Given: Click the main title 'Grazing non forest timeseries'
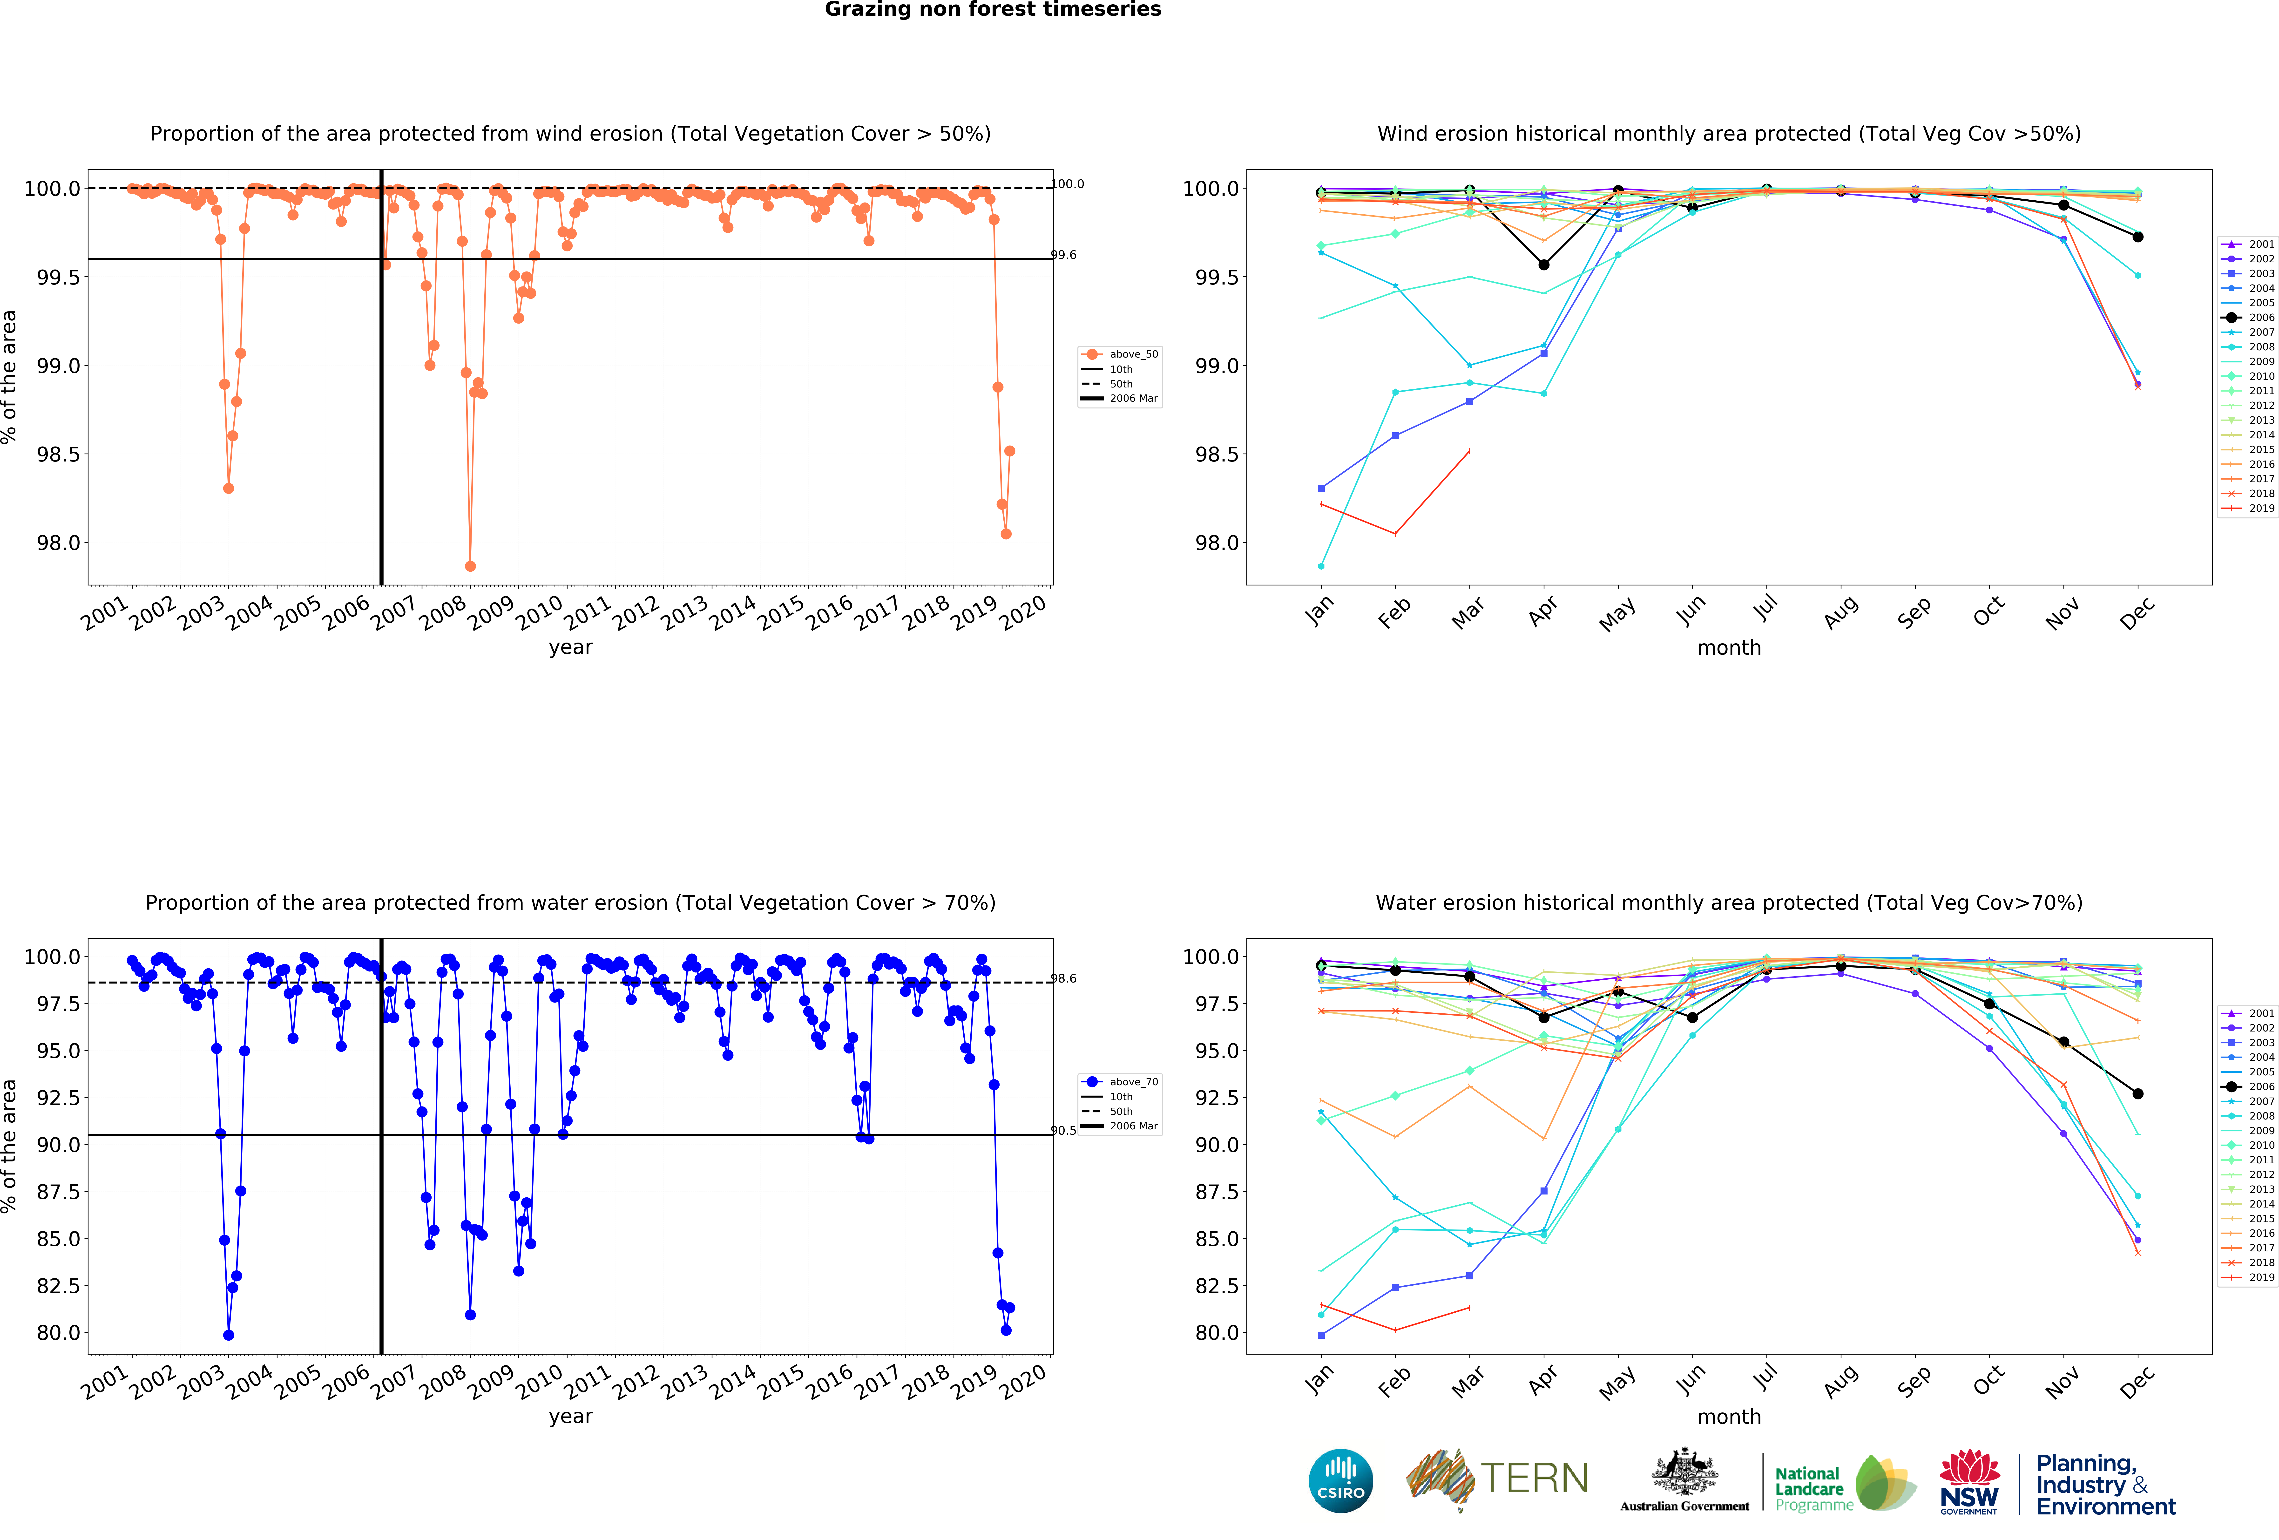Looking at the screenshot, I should (x=992, y=10).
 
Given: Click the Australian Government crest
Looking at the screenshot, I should (x=1684, y=1471).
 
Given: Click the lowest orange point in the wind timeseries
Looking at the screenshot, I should (x=470, y=566).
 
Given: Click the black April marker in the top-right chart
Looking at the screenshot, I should (x=1543, y=265).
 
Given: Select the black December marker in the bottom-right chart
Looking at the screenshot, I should (x=2138, y=1094).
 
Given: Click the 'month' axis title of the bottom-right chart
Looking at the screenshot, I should (x=1729, y=1416).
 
